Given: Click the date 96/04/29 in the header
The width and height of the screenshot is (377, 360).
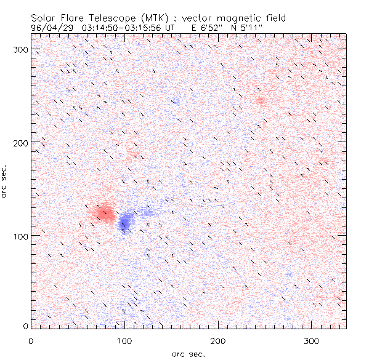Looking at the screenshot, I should click(x=50, y=27).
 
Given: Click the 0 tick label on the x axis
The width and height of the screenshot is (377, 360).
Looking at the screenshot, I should click(x=31, y=340).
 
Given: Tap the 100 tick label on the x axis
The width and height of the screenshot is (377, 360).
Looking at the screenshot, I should click(x=124, y=340).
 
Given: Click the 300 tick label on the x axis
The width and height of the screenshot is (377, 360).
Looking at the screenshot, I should click(x=311, y=340).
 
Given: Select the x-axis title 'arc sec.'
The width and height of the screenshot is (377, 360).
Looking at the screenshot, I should click(x=188, y=353).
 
